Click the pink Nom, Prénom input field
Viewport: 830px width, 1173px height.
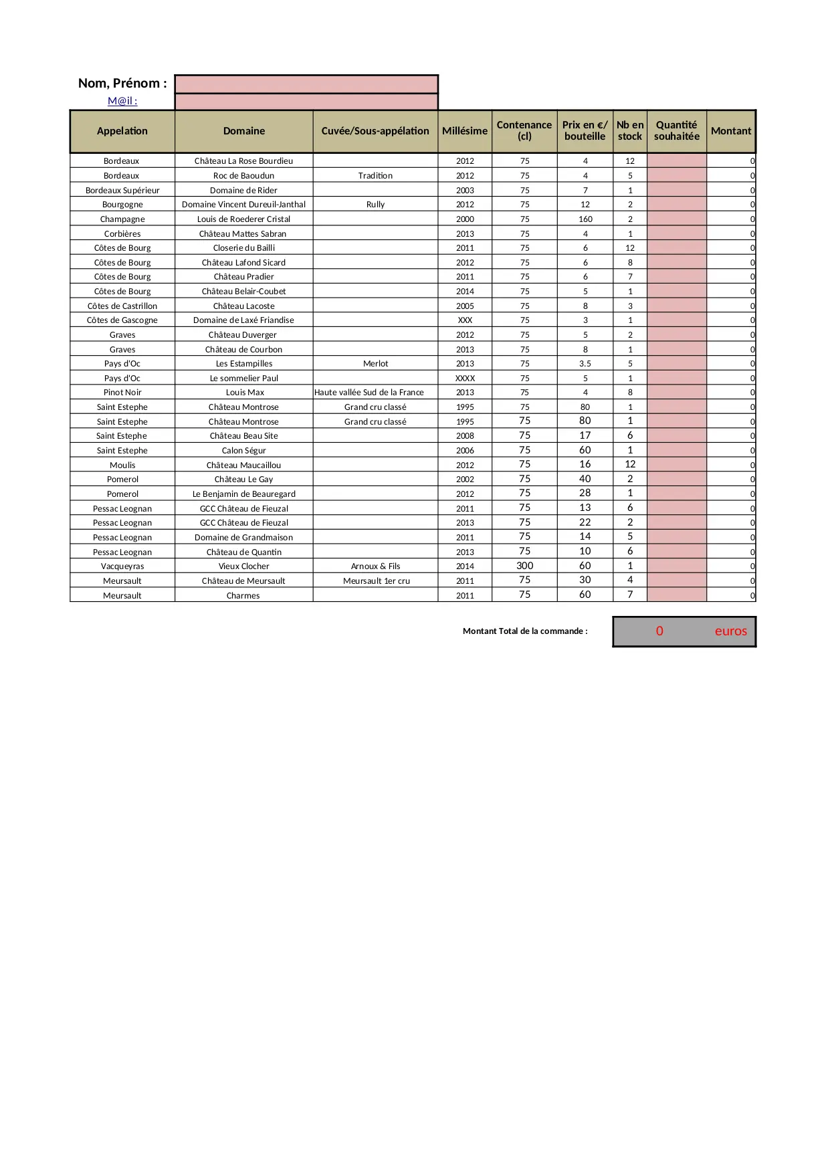coord(306,84)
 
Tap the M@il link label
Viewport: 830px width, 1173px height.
coord(122,101)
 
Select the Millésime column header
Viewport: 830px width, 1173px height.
coord(465,131)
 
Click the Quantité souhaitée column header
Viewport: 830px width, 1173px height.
coord(676,131)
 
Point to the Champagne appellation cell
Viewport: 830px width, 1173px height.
coord(122,219)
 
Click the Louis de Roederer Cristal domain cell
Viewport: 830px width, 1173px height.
coord(243,219)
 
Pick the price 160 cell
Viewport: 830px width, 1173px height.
coord(585,219)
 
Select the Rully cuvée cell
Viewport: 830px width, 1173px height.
coord(375,205)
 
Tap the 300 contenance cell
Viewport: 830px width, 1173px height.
coord(525,566)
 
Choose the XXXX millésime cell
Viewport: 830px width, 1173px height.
coord(465,379)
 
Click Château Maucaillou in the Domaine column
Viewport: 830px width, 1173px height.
coord(243,465)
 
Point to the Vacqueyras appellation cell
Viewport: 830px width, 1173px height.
coord(122,566)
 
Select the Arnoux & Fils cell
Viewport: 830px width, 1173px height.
coord(375,566)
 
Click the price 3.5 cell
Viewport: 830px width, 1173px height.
coord(585,364)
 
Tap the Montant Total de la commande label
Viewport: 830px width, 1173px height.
coord(525,631)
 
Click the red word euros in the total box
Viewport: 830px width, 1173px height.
coord(730,631)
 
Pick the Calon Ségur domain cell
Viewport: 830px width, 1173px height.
coord(243,451)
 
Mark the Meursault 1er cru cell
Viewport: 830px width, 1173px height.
coord(376,581)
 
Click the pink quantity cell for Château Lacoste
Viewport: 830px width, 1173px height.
coord(676,306)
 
